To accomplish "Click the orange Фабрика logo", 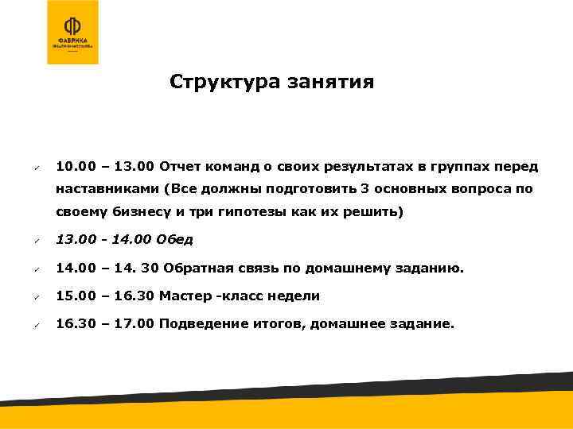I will [73, 32].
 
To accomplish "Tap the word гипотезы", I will [240, 212].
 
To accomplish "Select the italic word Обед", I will [177, 239].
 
